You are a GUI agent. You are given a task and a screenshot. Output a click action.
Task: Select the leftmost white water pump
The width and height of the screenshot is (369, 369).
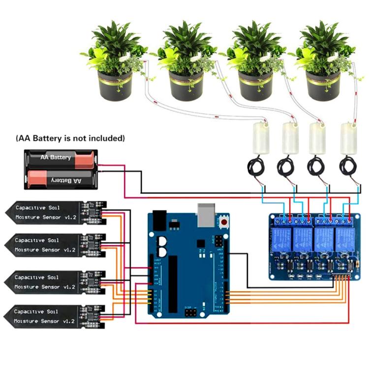[259, 138]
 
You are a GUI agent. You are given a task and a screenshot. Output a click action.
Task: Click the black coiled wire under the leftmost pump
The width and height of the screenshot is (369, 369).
[257, 169]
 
